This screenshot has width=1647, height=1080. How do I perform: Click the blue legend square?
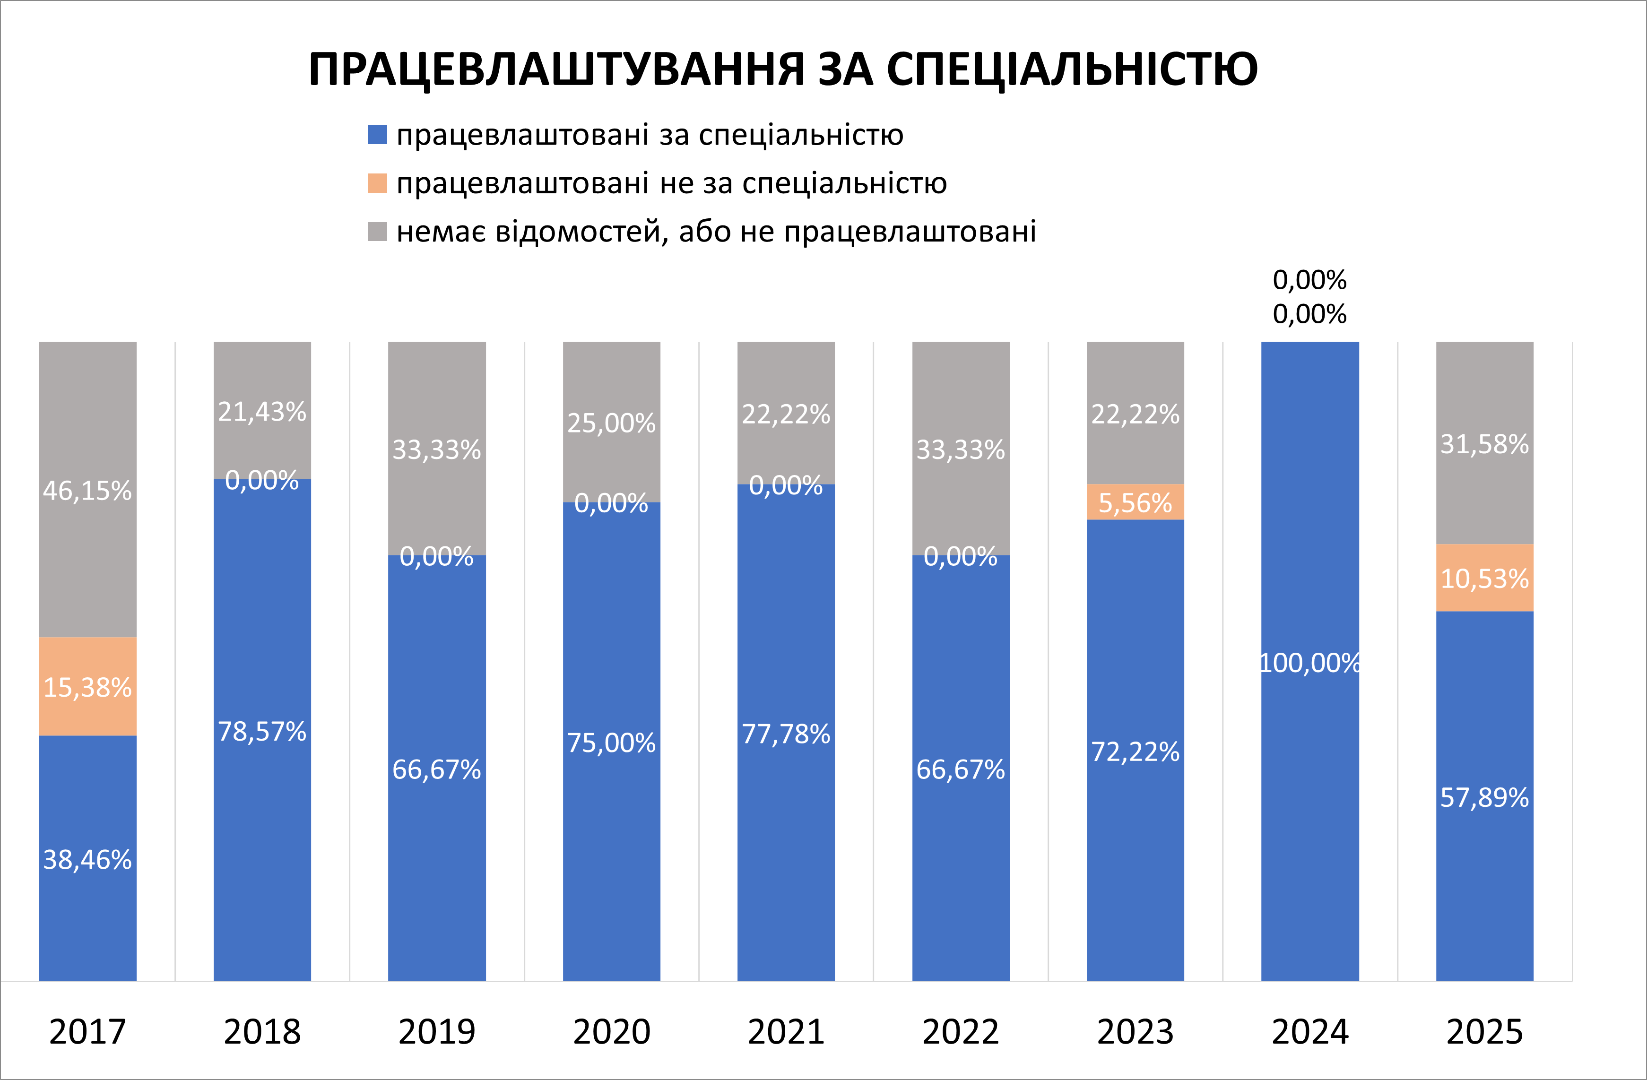377,135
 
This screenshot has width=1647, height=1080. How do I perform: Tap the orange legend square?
377,183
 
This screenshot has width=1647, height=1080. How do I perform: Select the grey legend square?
377,232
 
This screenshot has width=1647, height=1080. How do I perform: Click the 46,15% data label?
87,491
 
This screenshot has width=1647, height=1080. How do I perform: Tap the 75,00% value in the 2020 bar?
611,743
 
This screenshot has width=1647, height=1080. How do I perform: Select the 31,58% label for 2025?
1484,443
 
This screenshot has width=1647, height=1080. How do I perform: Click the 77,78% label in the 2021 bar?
786,734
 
